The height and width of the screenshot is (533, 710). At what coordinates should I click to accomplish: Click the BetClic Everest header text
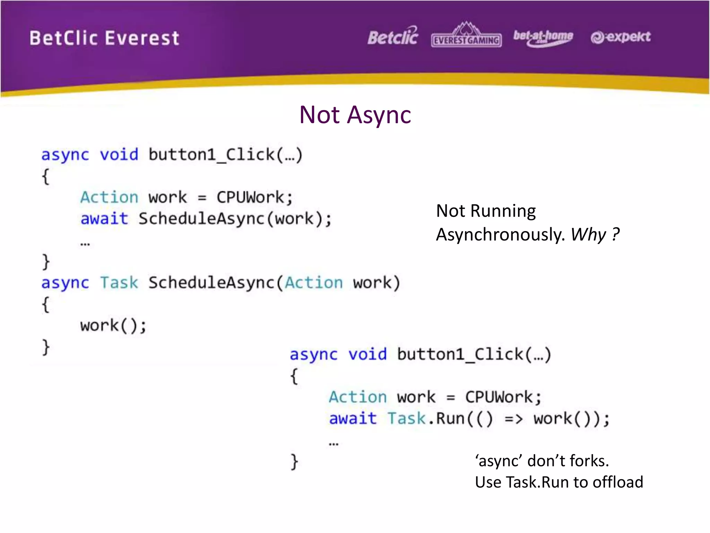click(x=104, y=38)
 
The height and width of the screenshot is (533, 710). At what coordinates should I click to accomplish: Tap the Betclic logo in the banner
click(x=393, y=37)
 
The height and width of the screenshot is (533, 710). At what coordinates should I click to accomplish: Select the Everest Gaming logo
click(x=466, y=36)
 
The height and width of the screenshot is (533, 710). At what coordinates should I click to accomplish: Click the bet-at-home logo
click(x=543, y=37)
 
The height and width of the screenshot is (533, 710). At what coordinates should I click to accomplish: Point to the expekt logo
click(x=621, y=37)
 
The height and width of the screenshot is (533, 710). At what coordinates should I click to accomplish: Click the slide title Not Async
click(x=355, y=115)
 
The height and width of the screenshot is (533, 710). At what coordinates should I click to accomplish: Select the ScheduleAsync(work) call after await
click(x=235, y=219)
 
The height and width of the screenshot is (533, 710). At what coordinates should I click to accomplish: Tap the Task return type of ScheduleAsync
click(x=119, y=283)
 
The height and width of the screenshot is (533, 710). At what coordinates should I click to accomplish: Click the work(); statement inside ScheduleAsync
click(x=113, y=326)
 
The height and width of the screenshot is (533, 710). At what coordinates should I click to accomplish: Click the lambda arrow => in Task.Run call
click(x=513, y=419)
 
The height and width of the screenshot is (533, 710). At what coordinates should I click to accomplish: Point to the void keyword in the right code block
click(x=367, y=355)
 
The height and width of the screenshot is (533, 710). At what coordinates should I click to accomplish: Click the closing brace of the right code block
click(x=294, y=462)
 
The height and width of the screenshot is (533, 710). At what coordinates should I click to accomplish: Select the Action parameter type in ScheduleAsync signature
click(x=314, y=283)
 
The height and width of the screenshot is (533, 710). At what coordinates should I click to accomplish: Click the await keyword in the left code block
click(x=104, y=219)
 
